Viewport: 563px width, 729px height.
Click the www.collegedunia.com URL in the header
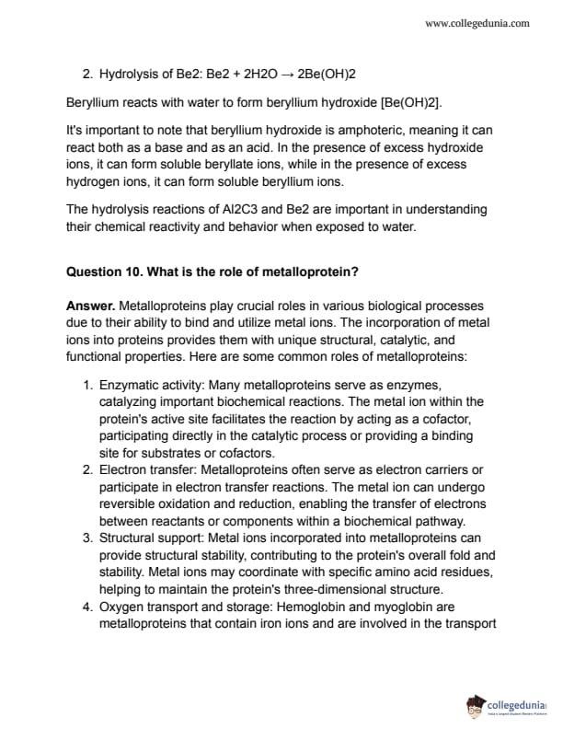click(477, 23)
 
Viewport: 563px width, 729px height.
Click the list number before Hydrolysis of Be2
click(86, 74)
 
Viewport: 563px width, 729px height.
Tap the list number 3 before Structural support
click(86, 537)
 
